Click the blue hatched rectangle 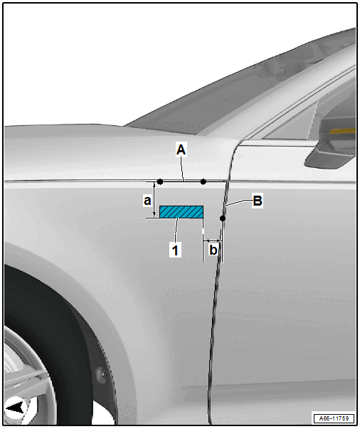181,212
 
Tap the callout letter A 181,149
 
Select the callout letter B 258,201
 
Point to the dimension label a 147,201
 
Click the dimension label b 213,250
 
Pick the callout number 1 175,250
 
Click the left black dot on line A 160,181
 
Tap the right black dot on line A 203,181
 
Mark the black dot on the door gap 223,218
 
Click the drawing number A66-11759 334,418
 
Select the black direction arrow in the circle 15,408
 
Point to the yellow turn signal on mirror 342,130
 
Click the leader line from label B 238,203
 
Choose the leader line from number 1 176,231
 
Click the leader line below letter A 181,169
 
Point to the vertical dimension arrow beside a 154,200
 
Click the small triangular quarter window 291,120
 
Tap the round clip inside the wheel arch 102,373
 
